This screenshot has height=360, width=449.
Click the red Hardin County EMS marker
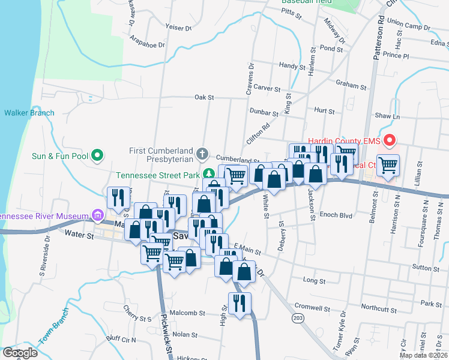tap(389, 141)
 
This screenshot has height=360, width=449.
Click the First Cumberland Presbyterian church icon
tap(203, 154)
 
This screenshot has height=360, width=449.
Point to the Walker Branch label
tap(29, 113)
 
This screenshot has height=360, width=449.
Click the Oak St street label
tap(204, 97)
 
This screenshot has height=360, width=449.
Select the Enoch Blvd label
tap(336, 214)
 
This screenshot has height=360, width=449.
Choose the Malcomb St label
tap(189, 313)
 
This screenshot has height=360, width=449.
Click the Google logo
tap(20, 353)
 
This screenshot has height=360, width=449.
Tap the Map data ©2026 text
tap(423, 355)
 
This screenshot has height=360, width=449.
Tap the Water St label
tap(82, 236)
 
